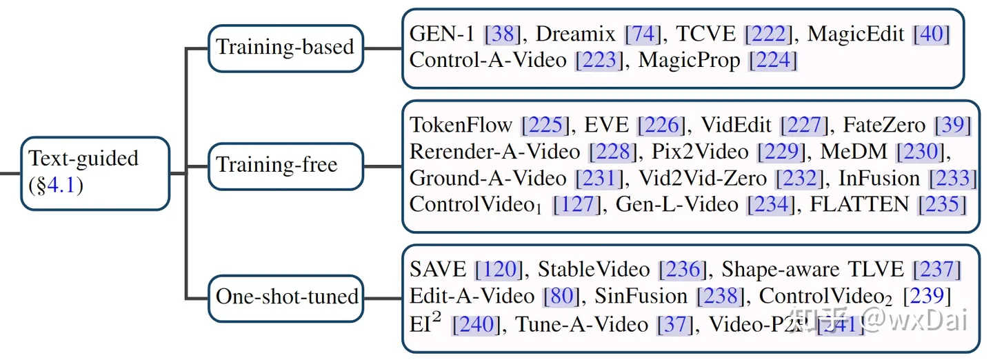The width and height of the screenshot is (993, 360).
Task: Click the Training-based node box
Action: (x=285, y=48)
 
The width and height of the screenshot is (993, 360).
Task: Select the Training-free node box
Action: (x=285, y=166)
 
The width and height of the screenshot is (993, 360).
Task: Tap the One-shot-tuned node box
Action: (x=286, y=297)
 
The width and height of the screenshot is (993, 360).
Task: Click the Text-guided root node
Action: (x=94, y=172)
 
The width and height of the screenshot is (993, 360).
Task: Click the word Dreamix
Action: (x=577, y=34)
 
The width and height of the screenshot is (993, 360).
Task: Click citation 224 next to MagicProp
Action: (x=772, y=60)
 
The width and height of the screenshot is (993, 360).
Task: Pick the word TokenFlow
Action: (x=461, y=126)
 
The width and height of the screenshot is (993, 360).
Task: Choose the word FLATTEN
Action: (x=855, y=204)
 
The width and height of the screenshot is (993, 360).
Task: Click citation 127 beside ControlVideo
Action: (x=576, y=204)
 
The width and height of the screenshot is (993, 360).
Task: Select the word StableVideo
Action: (x=594, y=270)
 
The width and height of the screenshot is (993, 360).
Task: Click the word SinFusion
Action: (x=641, y=297)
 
